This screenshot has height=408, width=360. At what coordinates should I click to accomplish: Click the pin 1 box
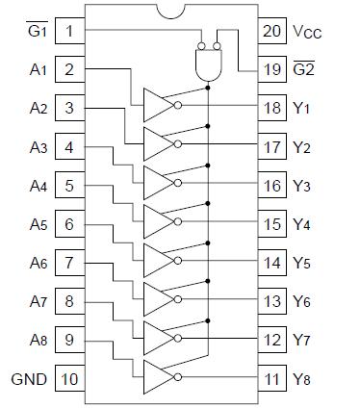point(70,30)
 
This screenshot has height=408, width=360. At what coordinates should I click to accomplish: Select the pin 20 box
point(272,30)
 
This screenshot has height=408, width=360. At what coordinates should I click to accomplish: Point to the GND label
point(29,379)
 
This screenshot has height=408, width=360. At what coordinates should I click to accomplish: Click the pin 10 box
point(70,379)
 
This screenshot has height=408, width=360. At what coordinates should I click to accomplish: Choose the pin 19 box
point(272,69)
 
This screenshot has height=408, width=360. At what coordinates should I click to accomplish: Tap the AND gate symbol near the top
point(208,64)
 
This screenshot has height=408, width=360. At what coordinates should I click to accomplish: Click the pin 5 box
point(70,185)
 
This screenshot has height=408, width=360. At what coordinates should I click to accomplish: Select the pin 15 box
point(272,224)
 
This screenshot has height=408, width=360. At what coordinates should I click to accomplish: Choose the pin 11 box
point(272,379)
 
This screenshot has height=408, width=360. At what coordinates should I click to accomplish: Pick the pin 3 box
point(70,108)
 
